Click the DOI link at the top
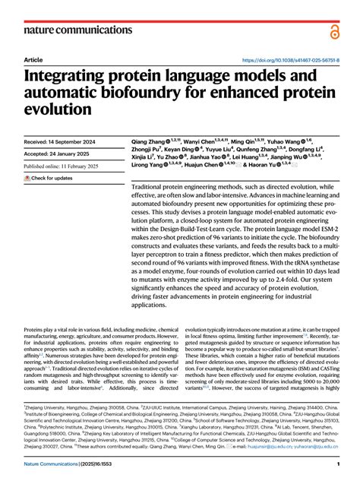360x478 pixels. point(290,59)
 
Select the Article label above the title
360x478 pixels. point(33,59)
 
